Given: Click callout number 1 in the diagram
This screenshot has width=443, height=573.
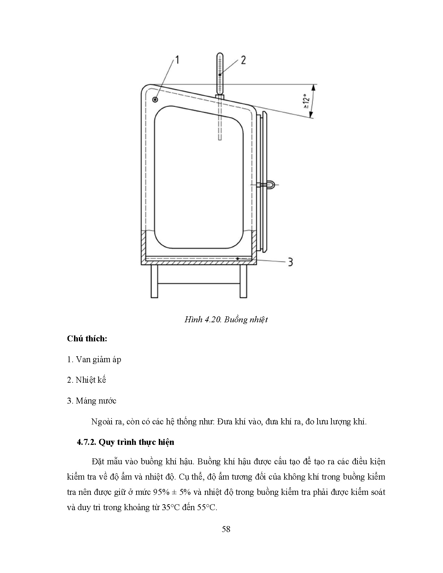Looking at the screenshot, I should pos(177,60).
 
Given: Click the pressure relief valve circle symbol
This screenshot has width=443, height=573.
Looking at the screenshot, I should pos(155,100).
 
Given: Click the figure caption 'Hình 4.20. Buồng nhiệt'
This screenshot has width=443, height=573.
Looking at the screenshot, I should pos(226,320).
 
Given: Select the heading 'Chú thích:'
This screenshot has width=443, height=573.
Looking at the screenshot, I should pos(87,339).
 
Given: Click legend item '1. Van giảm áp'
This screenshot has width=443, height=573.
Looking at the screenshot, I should pos(94,359).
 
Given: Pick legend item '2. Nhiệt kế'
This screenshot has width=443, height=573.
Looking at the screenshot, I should pos(86,380).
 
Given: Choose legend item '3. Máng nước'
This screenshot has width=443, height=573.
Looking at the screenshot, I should pos(91,401).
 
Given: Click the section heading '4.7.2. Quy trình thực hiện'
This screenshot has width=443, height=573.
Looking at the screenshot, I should pos(125,442).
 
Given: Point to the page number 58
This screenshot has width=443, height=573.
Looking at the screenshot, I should pos(226,529).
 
